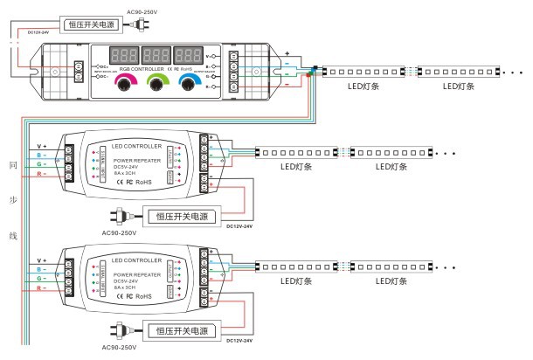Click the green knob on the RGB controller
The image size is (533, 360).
coord(157,83)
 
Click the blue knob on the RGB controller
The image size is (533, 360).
coord(190,83)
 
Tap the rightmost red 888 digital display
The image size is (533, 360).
coord(189,53)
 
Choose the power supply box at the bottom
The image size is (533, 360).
coord(185,330)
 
